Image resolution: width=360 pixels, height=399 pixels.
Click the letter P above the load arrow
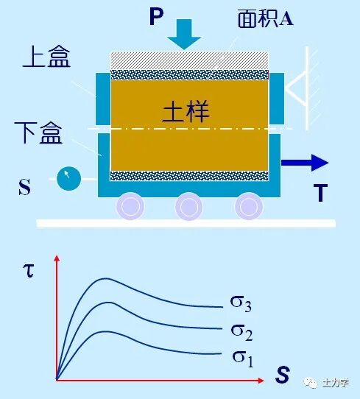point(156,16)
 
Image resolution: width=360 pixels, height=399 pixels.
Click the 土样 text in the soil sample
point(186,112)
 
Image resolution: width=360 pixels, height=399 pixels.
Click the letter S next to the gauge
point(25,187)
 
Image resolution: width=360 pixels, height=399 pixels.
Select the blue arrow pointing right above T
point(305,163)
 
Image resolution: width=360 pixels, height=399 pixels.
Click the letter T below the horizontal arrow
point(320,193)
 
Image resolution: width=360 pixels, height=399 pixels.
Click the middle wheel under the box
point(188,206)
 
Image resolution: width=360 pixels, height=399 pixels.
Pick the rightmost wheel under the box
point(248,206)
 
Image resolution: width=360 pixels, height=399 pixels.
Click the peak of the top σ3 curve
point(106,278)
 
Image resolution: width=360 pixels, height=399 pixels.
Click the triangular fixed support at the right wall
point(297,89)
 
